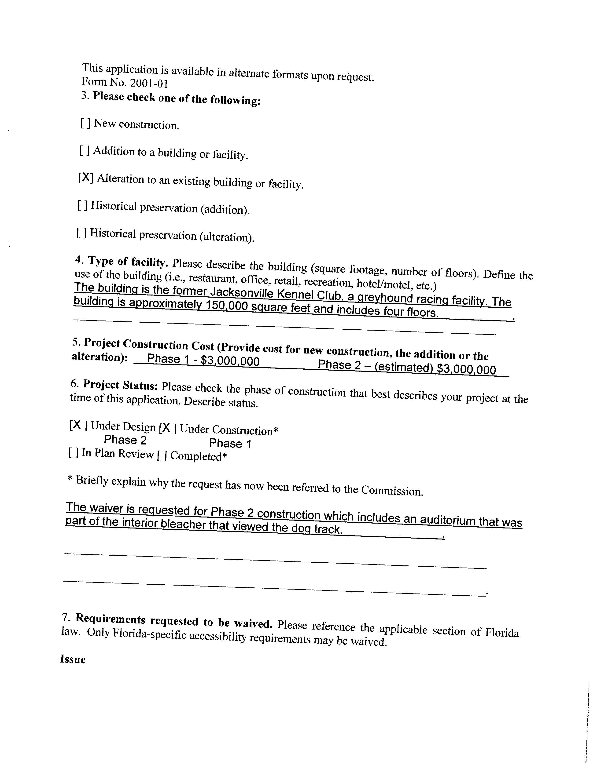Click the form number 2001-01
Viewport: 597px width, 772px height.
pos(148,84)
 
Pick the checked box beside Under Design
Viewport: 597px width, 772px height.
pos(78,425)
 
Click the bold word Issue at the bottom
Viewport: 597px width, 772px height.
pos(73,660)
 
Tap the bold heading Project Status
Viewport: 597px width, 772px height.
pos(120,385)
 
